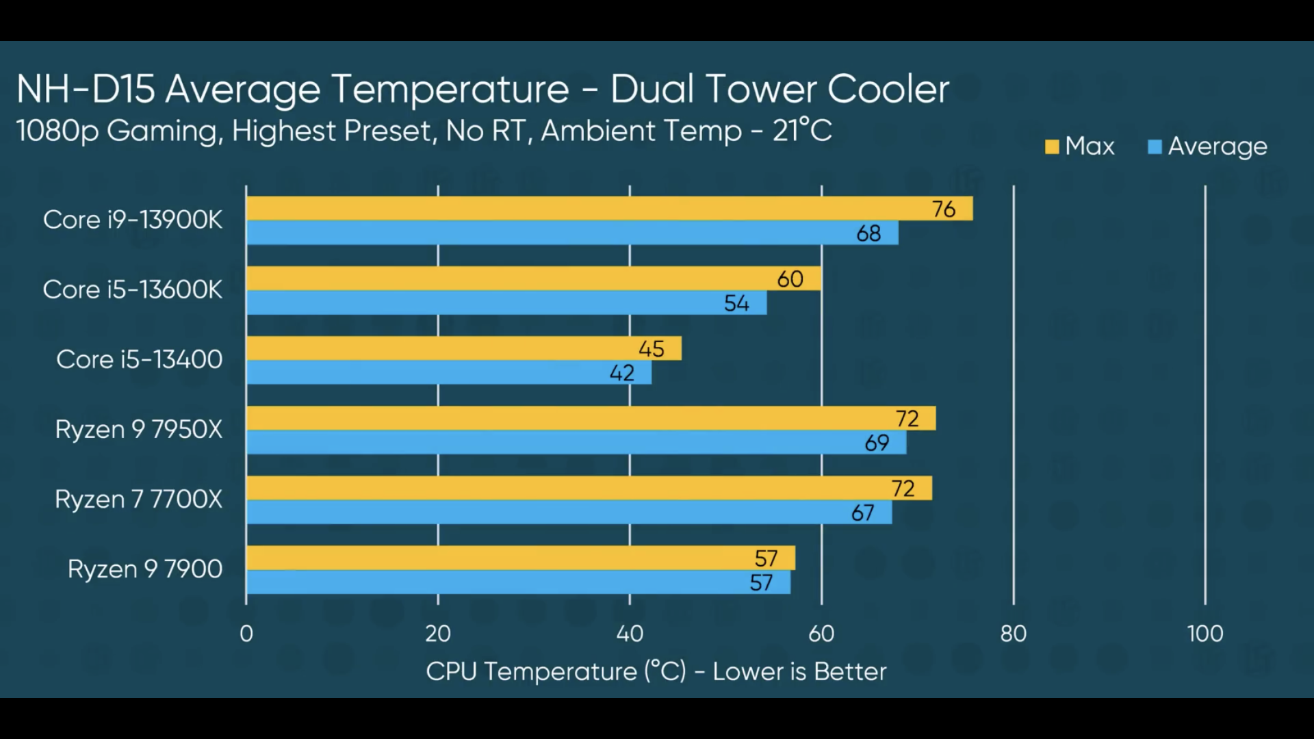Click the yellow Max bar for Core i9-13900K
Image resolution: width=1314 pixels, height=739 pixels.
tap(589, 209)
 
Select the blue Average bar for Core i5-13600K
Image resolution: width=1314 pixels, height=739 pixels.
tap(506, 303)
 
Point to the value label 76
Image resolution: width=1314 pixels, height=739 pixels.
tap(944, 209)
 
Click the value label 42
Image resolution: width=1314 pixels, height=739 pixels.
tap(622, 373)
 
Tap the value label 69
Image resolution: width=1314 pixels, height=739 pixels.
tap(877, 443)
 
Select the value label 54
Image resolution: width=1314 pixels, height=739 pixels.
tap(736, 303)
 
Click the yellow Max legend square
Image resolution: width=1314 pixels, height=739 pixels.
tap(1052, 147)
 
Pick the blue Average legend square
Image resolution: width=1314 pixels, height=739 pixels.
tap(1155, 147)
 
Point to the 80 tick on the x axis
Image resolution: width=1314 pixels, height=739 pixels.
tap(1013, 634)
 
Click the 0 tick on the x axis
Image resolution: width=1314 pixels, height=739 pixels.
tap(246, 634)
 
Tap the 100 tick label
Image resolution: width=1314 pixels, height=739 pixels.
tap(1204, 634)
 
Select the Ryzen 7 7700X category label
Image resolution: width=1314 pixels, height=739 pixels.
tap(139, 500)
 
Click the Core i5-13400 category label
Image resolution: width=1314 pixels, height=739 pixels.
tap(140, 359)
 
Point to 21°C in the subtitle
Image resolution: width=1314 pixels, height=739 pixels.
tap(802, 131)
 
